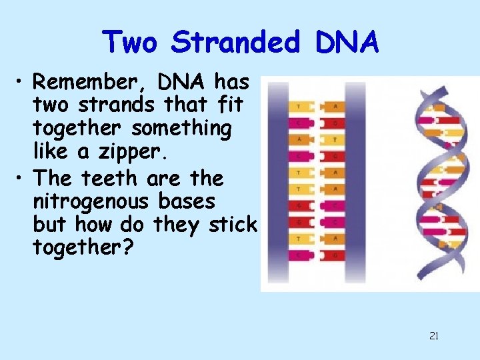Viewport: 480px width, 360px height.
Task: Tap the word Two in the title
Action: point(131,43)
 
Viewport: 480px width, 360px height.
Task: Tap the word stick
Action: point(232,225)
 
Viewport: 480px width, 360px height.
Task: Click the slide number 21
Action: point(434,336)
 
